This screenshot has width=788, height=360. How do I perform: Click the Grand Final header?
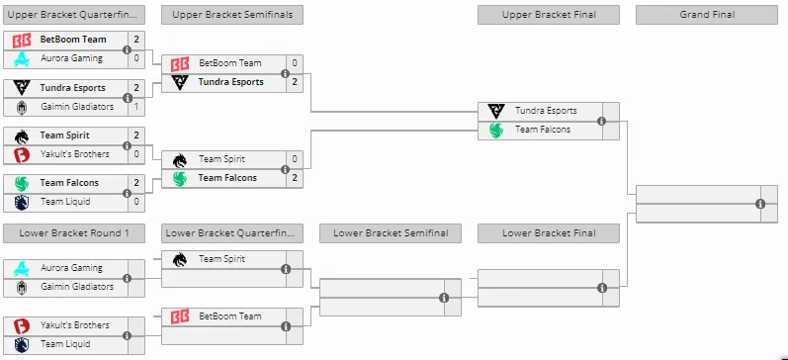click(707, 15)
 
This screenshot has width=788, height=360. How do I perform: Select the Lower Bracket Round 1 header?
click(74, 233)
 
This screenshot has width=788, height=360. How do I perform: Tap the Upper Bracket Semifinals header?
click(232, 15)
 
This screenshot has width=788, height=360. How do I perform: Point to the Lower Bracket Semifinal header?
click(391, 233)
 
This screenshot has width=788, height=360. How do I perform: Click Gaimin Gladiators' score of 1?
click(136, 107)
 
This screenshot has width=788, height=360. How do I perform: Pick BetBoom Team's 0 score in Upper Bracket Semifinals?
click(295, 63)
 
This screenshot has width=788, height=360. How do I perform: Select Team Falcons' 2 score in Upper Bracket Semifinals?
click(295, 178)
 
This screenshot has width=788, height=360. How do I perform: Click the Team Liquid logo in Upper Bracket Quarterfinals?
click(22, 202)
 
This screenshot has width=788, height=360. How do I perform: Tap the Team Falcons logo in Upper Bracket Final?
click(496, 131)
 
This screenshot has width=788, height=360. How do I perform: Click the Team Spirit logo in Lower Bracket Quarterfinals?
click(179, 259)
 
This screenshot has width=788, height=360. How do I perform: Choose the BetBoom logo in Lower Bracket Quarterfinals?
click(179, 316)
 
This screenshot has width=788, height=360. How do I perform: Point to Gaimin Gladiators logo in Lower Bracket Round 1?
click(22, 288)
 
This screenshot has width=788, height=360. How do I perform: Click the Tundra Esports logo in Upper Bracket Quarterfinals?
click(22, 88)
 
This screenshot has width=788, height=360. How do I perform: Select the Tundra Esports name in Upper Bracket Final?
click(546, 111)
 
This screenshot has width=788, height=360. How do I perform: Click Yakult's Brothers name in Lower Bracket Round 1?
click(75, 325)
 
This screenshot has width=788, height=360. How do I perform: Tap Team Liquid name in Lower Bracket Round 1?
click(65, 344)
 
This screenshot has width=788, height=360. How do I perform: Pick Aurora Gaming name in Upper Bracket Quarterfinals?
click(71, 58)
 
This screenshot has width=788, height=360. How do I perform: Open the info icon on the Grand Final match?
click(760, 204)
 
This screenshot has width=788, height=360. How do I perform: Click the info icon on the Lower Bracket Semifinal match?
click(444, 298)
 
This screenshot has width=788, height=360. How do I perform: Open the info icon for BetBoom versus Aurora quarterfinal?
click(128, 49)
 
